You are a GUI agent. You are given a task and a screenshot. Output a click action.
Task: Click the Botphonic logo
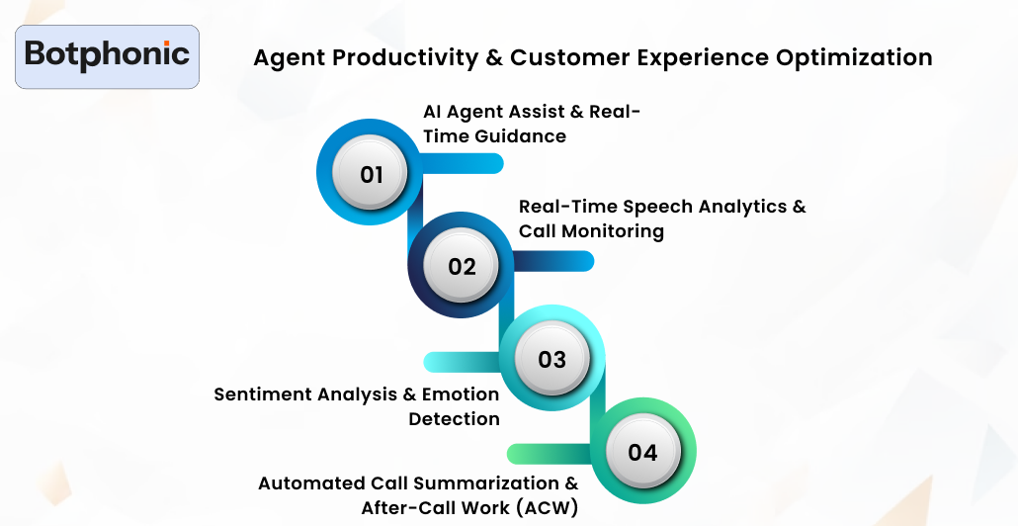point(108,55)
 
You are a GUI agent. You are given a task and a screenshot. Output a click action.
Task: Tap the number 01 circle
point(371,175)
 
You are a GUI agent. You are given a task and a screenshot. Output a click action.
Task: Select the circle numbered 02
point(462,266)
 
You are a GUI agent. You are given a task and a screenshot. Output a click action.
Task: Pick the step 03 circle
point(551,358)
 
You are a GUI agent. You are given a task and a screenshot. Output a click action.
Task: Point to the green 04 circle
point(642,452)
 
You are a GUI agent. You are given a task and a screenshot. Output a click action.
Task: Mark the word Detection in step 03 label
point(454,419)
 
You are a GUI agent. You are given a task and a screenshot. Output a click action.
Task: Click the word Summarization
point(485,483)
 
